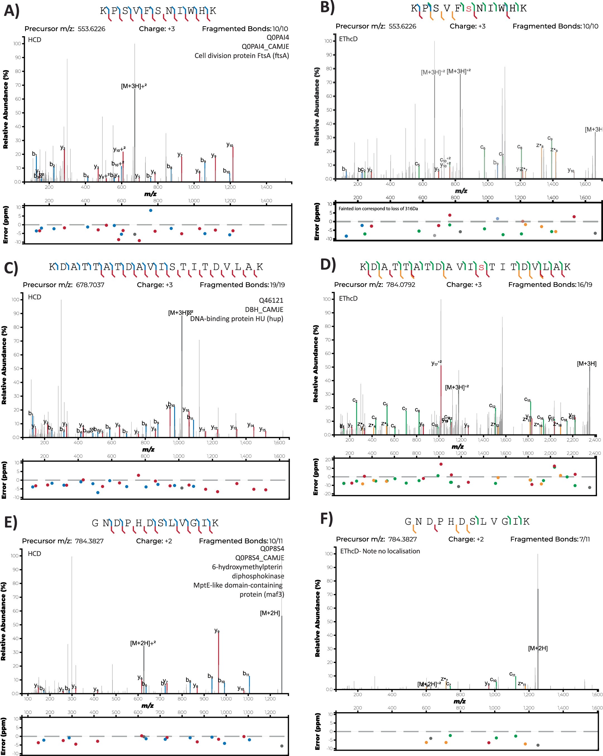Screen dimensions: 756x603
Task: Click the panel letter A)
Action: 11,11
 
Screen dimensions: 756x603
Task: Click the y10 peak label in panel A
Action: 230,145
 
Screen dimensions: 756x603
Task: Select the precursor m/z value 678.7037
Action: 90,285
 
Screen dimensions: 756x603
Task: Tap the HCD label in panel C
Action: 34,297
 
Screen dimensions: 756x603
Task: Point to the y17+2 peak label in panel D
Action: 436,363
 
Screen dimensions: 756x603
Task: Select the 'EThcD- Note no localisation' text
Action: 380,551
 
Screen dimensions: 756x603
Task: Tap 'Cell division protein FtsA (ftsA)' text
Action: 242,56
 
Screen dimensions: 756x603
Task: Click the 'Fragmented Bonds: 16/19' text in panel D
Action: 550,285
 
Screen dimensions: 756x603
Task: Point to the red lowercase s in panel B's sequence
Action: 469,8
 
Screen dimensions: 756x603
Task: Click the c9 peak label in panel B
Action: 550,138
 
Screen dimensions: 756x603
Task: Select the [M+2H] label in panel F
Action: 538,648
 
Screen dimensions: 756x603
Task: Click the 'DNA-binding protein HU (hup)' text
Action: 237,319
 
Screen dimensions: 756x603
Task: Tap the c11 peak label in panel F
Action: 512,674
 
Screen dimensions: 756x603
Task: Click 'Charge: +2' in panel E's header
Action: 154,541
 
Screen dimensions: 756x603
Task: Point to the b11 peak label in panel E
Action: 246,673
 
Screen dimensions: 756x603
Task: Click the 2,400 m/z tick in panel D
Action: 595,440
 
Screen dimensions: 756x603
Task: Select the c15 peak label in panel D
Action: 527,399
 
